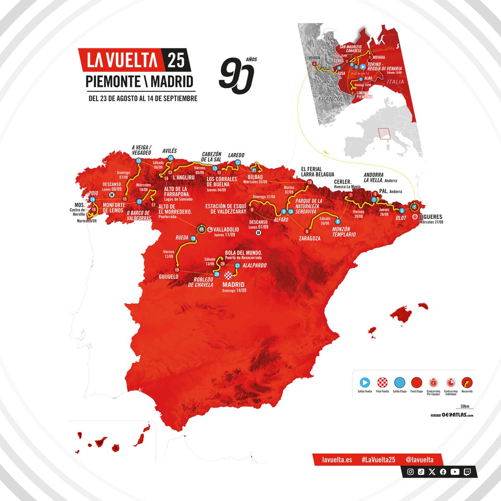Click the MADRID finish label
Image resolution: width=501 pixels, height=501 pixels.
point(234,285)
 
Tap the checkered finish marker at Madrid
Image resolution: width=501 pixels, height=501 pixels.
point(229,275)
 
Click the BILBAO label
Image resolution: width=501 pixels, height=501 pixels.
point(255,177)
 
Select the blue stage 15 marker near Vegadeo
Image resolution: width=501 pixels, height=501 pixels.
point(139,161)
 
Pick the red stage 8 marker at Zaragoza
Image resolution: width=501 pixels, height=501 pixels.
point(307,231)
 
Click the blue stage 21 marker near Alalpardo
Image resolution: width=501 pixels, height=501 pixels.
point(237,265)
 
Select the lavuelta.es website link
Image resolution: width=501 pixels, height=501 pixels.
point(337,460)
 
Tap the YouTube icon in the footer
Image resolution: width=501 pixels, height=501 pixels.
point(455,472)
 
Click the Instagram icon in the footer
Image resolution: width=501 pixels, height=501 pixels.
point(410,472)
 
